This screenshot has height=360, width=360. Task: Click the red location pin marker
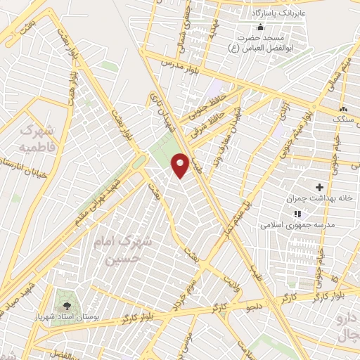coord(181,165)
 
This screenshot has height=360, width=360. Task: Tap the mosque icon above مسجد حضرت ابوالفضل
coord(262,28)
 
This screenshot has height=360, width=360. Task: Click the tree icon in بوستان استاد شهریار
coord(67,306)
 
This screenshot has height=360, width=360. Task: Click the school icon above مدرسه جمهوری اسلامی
coord(297,214)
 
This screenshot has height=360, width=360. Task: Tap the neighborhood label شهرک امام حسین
coord(124,249)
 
